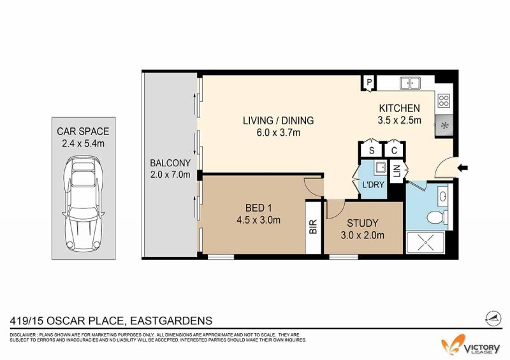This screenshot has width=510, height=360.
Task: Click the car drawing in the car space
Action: pos(84,203)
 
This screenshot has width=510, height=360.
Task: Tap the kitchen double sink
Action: pos(410,83)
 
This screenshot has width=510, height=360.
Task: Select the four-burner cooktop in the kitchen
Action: pos(444,100)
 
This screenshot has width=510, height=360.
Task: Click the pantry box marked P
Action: pos(369,82)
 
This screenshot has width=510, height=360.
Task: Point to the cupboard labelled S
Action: pos(372,150)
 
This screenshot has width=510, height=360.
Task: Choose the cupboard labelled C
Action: pos(394,150)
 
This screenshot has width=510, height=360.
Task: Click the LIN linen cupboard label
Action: pos(397,170)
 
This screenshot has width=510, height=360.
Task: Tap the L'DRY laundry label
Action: pos(373,185)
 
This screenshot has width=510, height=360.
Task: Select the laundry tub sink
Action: pos(379,168)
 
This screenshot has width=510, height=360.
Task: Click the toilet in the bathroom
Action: pos(437,217)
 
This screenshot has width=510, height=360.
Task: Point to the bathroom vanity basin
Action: pos(442,196)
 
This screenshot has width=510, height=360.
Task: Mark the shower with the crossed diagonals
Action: pos(425,243)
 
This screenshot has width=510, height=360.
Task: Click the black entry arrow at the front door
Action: pos(463,168)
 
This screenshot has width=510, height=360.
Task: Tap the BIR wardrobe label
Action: pos(313,227)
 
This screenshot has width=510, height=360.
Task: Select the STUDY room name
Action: pos(362,223)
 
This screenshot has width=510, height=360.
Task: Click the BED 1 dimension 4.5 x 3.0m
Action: pos(259,220)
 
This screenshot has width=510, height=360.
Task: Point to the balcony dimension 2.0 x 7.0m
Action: pos(170,175)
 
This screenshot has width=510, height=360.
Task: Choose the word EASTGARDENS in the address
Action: pos(171,321)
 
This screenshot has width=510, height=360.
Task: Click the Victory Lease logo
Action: pos(470,346)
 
